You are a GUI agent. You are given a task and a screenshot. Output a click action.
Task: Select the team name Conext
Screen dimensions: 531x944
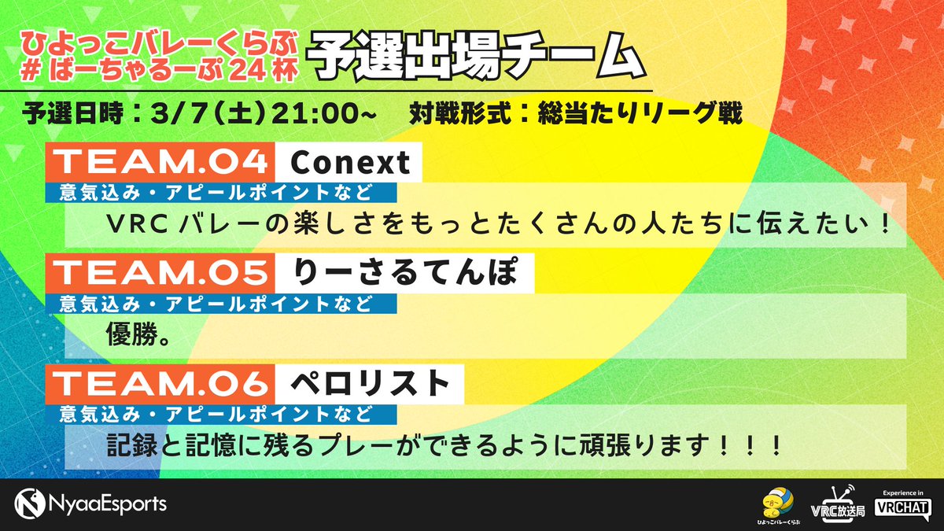tap(350, 162)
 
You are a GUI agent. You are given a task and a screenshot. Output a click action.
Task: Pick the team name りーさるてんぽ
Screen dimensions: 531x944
tap(405, 272)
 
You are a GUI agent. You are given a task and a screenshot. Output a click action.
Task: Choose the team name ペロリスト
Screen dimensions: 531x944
tap(370, 383)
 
